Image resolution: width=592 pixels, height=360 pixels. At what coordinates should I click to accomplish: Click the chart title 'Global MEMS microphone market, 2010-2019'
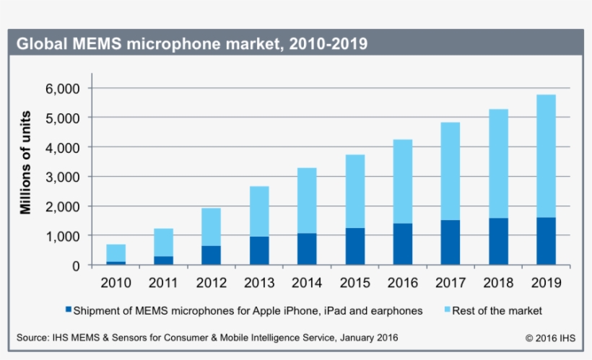click(x=192, y=44)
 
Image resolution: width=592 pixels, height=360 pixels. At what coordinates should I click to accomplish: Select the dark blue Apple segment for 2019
click(x=546, y=241)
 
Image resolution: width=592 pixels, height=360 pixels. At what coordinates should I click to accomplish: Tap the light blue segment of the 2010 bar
click(x=116, y=253)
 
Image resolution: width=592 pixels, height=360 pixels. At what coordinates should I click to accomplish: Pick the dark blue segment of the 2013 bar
click(x=259, y=250)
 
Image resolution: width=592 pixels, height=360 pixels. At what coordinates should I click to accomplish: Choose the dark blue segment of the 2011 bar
click(x=163, y=260)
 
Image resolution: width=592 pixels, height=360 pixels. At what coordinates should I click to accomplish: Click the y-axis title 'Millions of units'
click(x=26, y=162)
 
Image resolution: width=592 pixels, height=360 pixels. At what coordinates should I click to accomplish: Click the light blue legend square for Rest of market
click(x=448, y=310)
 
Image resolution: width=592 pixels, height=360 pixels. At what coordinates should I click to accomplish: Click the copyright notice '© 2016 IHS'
click(x=550, y=338)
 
